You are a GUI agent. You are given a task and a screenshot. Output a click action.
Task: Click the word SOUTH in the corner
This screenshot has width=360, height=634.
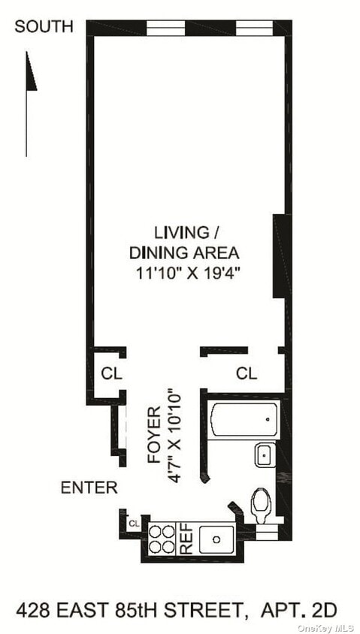44,27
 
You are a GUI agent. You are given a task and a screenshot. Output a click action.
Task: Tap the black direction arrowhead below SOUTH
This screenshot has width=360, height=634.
31,72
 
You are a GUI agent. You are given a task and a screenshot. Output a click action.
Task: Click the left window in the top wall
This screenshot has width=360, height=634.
165,28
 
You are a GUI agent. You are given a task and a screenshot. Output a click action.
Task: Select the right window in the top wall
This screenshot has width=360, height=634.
255,28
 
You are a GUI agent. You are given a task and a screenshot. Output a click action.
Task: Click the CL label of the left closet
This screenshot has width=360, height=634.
111,373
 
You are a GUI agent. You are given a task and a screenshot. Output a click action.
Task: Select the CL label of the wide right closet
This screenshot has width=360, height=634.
247,373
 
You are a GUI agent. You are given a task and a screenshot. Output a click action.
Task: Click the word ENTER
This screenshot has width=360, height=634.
89,488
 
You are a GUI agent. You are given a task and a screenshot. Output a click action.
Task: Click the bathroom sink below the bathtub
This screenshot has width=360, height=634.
265,455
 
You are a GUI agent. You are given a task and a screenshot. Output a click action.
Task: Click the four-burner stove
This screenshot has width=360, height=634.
162,539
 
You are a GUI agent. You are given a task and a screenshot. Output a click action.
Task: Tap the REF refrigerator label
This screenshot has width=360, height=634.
185,539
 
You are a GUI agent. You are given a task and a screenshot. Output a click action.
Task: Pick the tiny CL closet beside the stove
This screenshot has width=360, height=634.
134,523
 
